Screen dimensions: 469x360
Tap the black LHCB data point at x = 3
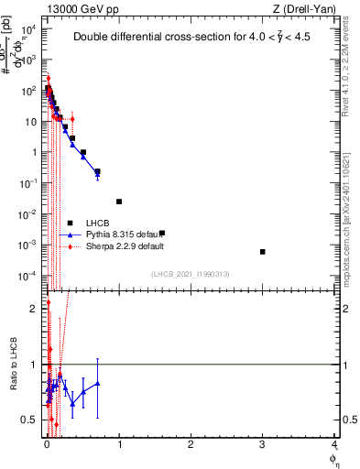point(263,252)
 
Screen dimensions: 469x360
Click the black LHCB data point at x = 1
point(119,202)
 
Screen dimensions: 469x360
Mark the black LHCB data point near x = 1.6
point(162,234)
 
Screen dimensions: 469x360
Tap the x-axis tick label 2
point(191,445)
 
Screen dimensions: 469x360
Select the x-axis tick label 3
point(263,445)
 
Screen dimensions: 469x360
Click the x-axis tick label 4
point(334,445)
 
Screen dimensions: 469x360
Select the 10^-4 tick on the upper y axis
point(29,276)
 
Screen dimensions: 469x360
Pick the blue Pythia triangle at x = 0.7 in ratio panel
point(98,384)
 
